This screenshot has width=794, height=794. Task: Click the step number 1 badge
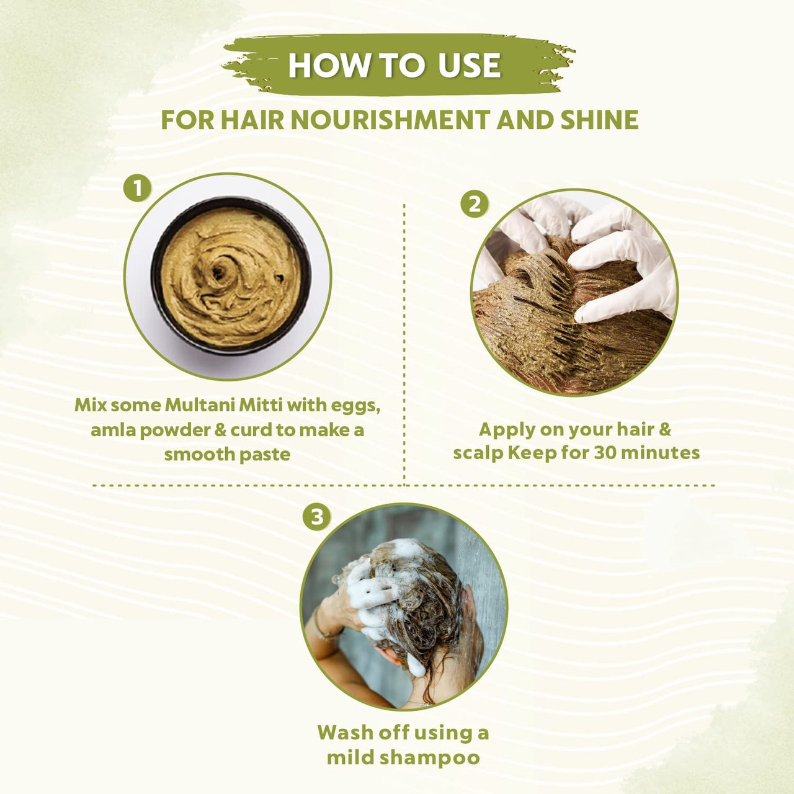click(x=137, y=188)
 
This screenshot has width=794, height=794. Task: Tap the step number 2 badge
click(x=475, y=205)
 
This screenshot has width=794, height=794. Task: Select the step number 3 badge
click(x=317, y=517)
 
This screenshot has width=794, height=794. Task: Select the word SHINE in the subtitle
click(x=599, y=120)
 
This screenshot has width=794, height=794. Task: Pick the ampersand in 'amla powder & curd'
click(x=220, y=430)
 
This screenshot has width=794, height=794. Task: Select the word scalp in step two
click(x=478, y=453)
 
